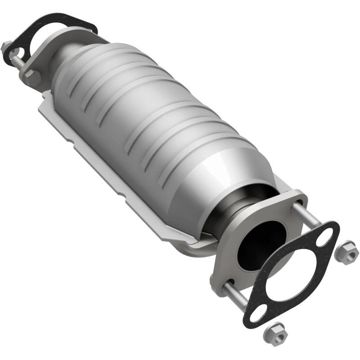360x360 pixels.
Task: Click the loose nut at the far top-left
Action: pos(6,46)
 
